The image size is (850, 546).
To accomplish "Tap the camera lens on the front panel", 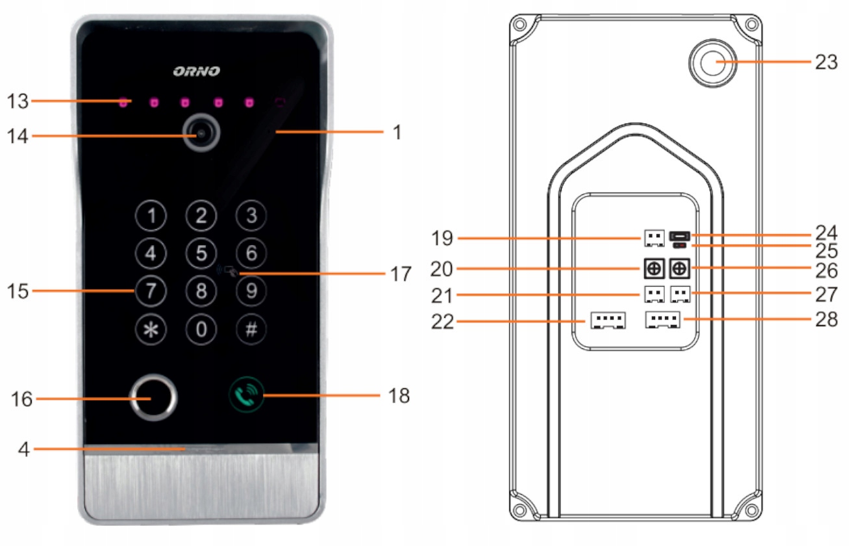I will [x=201, y=133].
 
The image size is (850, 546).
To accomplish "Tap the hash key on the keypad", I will [x=251, y=330].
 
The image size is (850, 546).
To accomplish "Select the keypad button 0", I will [x=201, y=330].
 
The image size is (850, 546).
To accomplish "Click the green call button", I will [x=247, y=395].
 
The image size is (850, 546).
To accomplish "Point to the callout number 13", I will [x=18, y=101].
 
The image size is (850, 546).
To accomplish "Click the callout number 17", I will [x=401, y=274].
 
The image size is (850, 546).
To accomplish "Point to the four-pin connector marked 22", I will [x=608, y=320].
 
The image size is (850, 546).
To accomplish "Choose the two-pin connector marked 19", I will [x=653, y=239].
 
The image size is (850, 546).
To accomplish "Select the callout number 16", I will [x=22, y=398].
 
